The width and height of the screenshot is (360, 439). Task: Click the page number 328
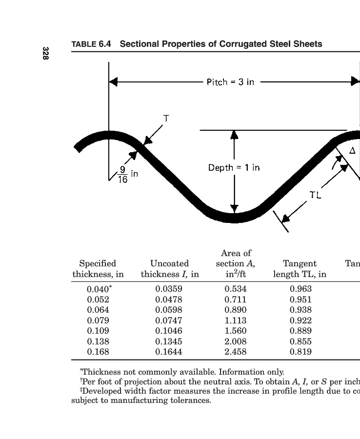[45, 53]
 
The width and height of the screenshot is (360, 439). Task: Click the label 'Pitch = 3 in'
[230, 82]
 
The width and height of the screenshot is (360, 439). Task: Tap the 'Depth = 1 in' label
[234, 168]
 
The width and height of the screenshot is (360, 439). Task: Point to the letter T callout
[166, 119]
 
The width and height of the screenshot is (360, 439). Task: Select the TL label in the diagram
[316, 195]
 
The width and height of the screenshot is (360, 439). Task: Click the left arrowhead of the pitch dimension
[113, 82]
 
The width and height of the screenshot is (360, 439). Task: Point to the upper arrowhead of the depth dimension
[234, 135]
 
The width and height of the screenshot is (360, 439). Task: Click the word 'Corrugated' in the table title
[243, 44]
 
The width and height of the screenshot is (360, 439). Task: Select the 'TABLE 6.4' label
[91, 44]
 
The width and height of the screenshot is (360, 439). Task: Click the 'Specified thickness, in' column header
[98, 269]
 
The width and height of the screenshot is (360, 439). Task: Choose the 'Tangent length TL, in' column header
[300, 269]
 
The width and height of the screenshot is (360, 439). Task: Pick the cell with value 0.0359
[169, 289]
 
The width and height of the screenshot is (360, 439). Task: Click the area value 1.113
[236, 320]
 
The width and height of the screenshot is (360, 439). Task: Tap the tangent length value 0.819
[300, 352]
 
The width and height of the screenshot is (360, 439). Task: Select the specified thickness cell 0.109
[98, 331]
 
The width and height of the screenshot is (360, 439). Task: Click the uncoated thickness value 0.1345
[169, 341]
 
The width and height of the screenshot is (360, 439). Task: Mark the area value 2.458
[236, 352]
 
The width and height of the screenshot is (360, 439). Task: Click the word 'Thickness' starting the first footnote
[100, 372]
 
